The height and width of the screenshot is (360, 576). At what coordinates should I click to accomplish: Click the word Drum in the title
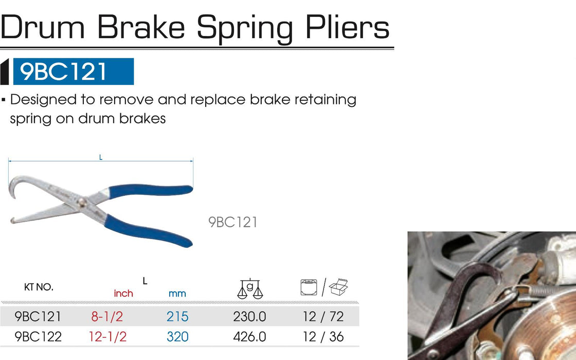click(43, 27)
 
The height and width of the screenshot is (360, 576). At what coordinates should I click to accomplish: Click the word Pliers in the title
click(347, 27)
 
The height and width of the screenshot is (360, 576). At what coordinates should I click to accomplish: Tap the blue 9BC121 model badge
click(73, 71)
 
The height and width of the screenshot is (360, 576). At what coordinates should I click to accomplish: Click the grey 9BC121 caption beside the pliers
click(233, 222)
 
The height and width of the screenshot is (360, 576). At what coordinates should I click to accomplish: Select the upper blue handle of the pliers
click(151, 191)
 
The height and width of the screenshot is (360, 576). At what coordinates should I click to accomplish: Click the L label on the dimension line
click(101, 157)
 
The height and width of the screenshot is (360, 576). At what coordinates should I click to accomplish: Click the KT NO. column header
click(39, 287)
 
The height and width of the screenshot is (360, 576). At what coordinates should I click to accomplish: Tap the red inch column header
click(123, 294)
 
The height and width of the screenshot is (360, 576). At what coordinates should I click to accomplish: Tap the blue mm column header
click(177, 294)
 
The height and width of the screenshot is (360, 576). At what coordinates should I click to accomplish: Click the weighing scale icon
click(250, 289)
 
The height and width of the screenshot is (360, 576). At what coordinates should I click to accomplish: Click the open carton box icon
click(338, 287)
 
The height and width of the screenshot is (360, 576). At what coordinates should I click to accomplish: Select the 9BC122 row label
click(38, 336)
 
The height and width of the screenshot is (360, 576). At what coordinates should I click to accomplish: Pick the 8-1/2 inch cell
click(107, 316)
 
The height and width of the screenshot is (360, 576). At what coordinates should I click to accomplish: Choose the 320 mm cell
click(177, 336)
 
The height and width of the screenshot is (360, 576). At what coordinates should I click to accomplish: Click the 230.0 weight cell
click(249, 316)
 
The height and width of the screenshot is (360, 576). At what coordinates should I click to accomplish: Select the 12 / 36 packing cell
click(323, 336)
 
